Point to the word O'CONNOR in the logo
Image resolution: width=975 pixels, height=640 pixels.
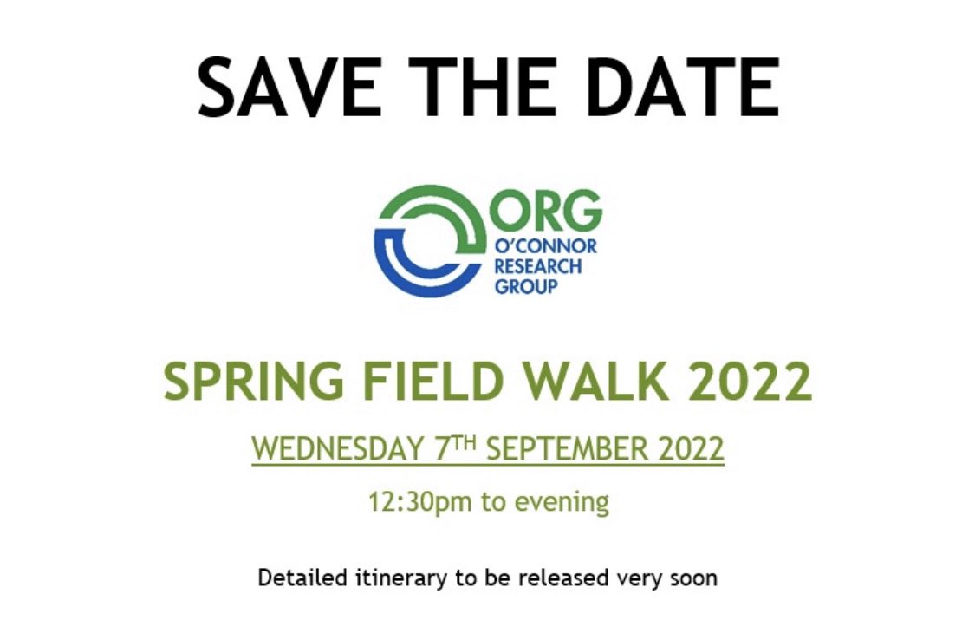545,247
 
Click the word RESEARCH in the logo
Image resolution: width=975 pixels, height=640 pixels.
537,266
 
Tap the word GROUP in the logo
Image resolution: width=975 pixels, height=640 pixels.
525,285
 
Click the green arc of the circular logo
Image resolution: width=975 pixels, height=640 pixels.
433,196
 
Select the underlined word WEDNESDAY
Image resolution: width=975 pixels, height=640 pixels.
336,450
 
